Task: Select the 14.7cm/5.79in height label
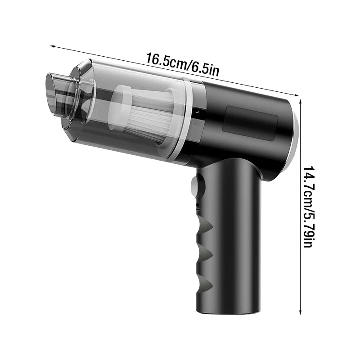pos(307,207)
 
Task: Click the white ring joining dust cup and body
pos(184,119)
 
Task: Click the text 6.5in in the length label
pos(206,69)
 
